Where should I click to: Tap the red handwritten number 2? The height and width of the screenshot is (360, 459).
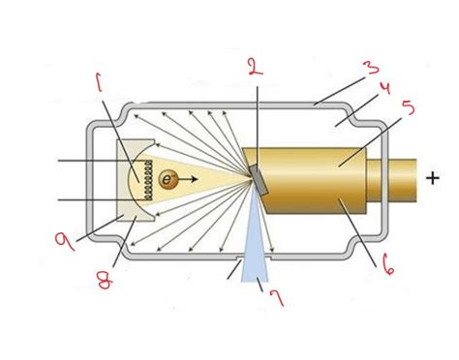coord(254,67)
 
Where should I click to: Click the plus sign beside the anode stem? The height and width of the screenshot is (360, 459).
coord(431,177)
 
